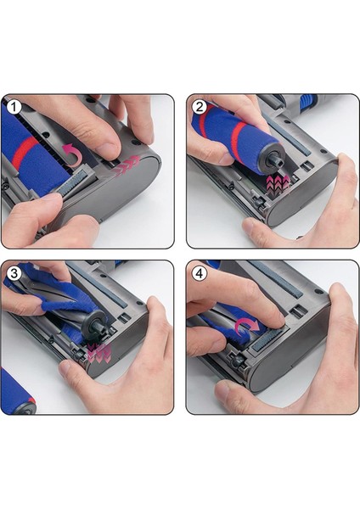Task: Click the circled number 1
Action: (14, 107)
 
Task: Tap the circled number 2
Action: (200, 107)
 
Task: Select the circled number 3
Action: (14, 273)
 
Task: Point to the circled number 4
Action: (200, 273)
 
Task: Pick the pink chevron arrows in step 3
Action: (99, 353)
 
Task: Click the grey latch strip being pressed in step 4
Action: (268, 339)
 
